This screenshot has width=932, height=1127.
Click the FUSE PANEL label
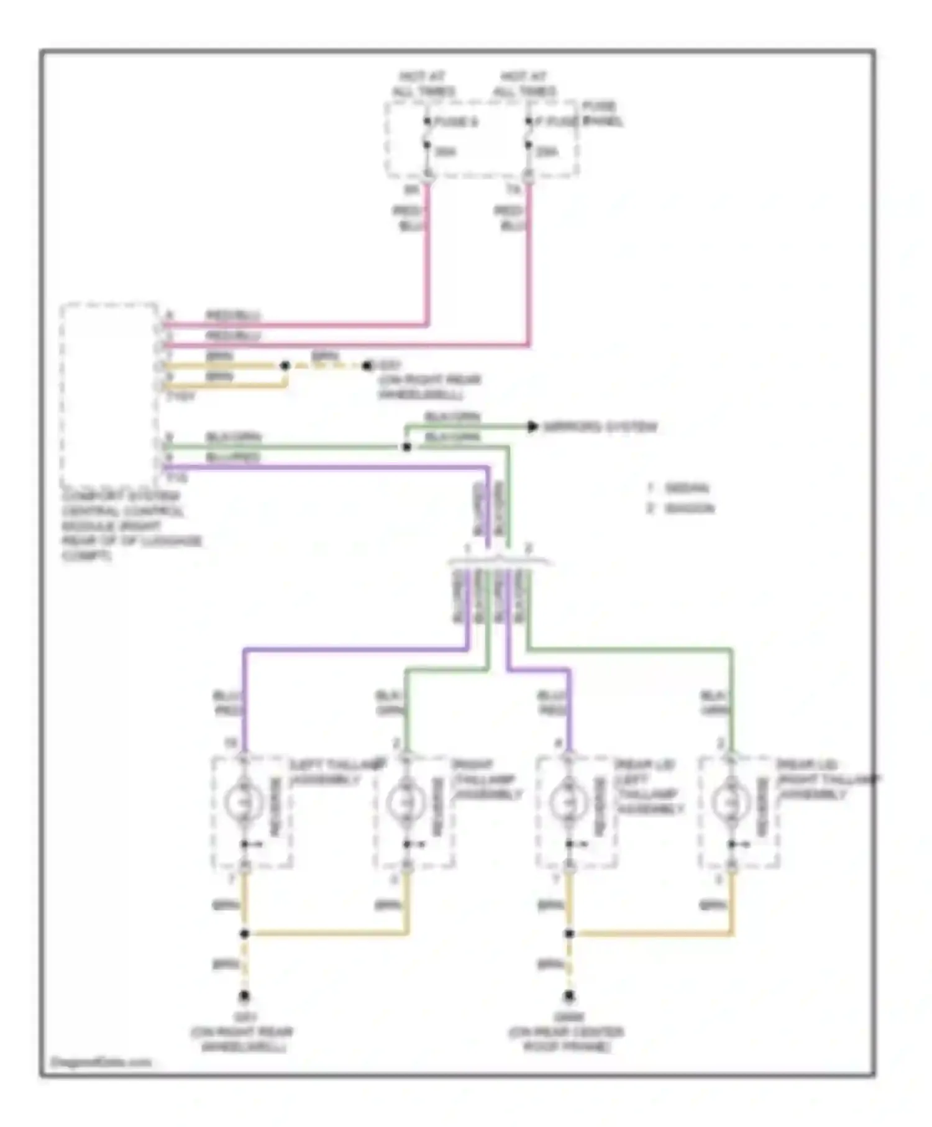coord(601,114)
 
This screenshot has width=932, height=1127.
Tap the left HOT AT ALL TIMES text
coord(423,84)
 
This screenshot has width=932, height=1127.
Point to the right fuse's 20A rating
coord(547,152)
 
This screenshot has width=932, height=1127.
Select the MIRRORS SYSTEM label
coord(600,427)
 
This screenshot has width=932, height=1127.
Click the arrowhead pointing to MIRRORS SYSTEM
coord(532,427)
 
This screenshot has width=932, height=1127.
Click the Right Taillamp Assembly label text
coord(487,780)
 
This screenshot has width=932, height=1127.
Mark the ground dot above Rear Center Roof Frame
coord(569,997)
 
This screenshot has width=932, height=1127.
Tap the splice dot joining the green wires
coord(406,447)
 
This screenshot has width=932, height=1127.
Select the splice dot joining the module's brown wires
coord(285,366)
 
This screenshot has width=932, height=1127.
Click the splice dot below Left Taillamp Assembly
coord(244,934)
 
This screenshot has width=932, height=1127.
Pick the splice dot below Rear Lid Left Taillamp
coord(569,934)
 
